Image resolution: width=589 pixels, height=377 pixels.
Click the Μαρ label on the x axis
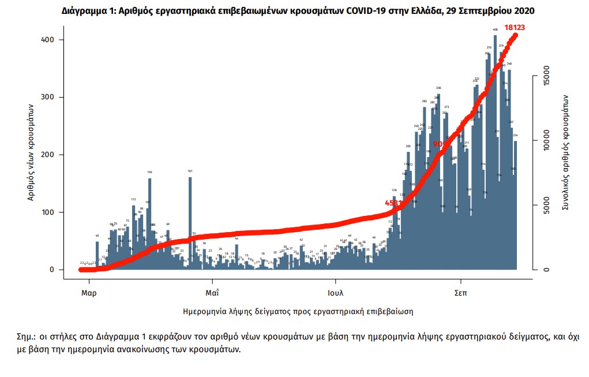88,293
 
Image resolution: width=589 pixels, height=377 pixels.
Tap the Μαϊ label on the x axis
211,293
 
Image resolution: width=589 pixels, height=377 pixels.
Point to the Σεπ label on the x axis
460,293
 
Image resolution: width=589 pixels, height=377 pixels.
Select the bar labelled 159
150,222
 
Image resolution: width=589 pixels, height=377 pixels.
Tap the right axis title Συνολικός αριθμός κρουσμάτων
567,151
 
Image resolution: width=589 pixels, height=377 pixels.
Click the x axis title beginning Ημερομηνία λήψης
298,311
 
